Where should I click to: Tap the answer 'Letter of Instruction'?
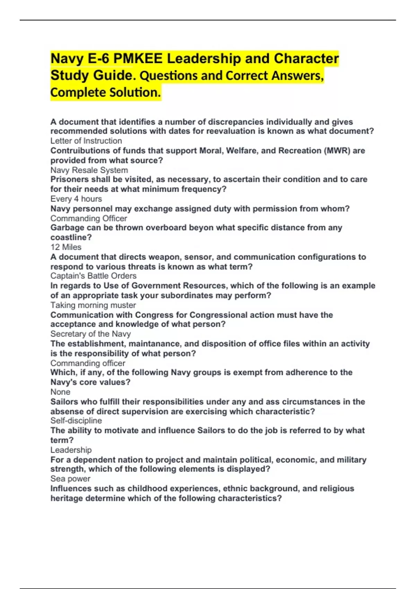point(86,141)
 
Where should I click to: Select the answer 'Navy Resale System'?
point(89,170)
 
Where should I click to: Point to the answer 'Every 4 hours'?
point(76,199)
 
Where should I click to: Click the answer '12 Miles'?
point(66,247)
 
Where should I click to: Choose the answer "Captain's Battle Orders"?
point(93,276)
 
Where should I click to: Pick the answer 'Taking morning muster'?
point(93,305)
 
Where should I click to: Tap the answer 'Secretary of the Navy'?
point(90,334)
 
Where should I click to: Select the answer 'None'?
point(60,392)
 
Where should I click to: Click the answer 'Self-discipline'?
point(76,421)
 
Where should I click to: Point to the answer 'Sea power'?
point(70,479)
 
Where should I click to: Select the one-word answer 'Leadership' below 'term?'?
point(71,450)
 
